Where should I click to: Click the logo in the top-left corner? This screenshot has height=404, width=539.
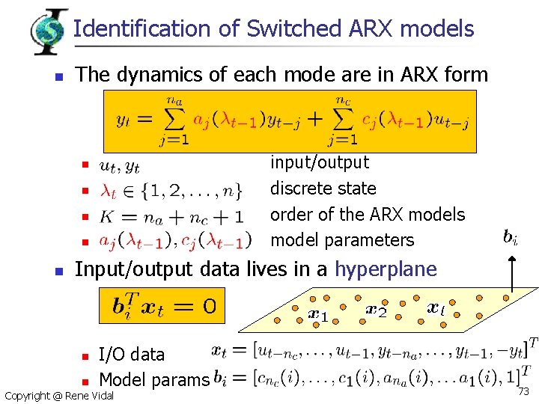[x=49, y=29]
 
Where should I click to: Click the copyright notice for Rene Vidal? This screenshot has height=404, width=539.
[x=59, y=395]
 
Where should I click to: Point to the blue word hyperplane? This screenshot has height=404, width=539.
[x=386, y=269]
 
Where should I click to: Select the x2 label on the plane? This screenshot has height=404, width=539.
[x=376, y=308]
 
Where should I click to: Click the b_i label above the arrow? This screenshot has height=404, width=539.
[x=511, y=239]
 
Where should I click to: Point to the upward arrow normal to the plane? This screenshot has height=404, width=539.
[x=511, y=273]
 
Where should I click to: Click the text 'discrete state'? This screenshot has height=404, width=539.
[x=323, y=188]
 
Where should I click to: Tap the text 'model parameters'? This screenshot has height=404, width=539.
[x=342, y=240]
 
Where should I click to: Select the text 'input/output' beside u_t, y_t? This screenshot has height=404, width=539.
[x=320, y=162]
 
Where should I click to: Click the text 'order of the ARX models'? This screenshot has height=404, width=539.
[x=368, y=214]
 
